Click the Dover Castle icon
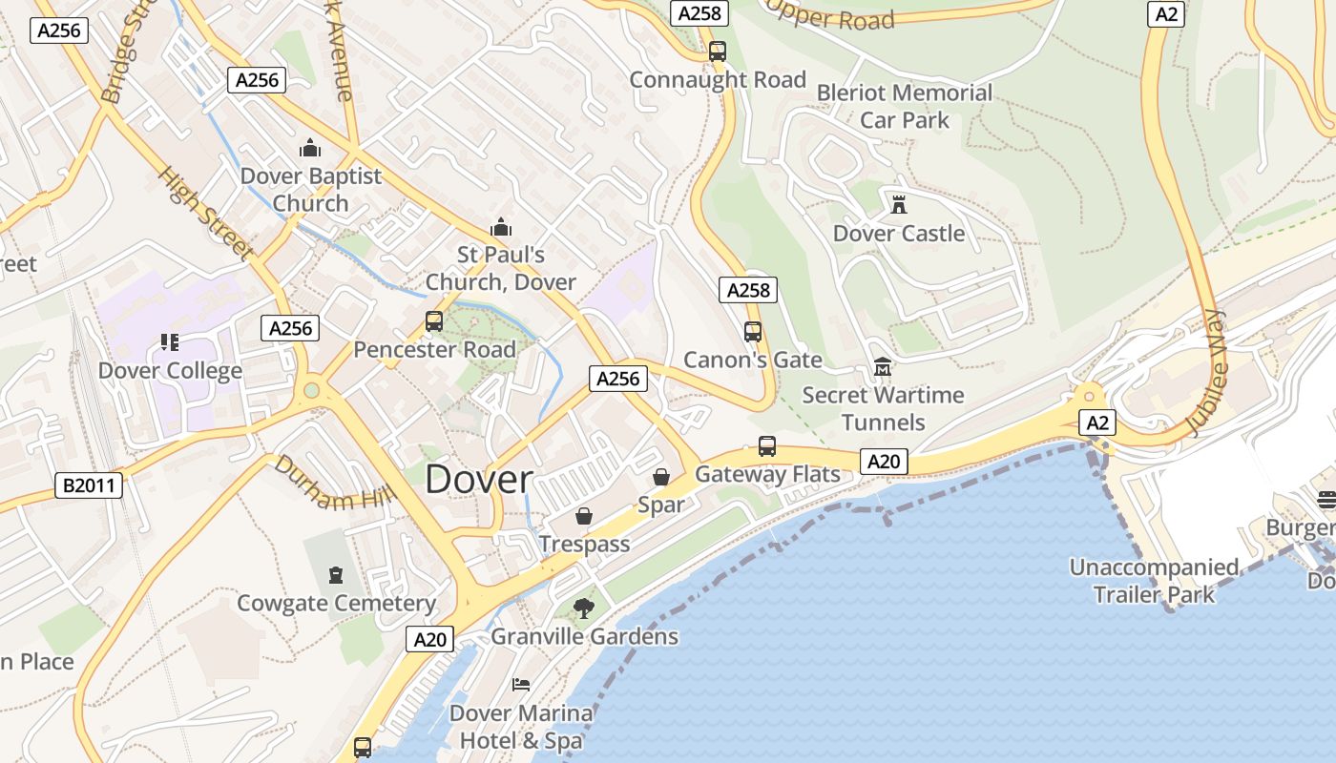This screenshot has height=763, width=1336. (898, 204)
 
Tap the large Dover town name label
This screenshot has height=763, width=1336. (478, 480)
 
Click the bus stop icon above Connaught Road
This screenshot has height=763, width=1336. (718, 52)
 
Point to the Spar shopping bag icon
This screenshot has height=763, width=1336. (660, 477)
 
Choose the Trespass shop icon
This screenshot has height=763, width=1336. (584, 516)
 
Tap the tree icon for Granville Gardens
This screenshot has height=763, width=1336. (583, 608)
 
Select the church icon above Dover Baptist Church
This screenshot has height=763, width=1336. (310, 148)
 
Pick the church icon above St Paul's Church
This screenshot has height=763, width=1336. (500, 227)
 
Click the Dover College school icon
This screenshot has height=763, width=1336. (170, 342)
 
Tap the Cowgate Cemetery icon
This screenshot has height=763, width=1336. (336, 575)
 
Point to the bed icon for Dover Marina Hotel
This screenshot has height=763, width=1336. (521, 685)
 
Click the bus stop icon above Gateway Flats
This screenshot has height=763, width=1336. (767, 445)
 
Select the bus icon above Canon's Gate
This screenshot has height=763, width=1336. (753, 332)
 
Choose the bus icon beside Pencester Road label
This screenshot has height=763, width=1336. (434, 321)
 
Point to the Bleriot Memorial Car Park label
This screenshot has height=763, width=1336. (905, 106)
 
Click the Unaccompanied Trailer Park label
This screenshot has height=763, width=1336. (1154, 581)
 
